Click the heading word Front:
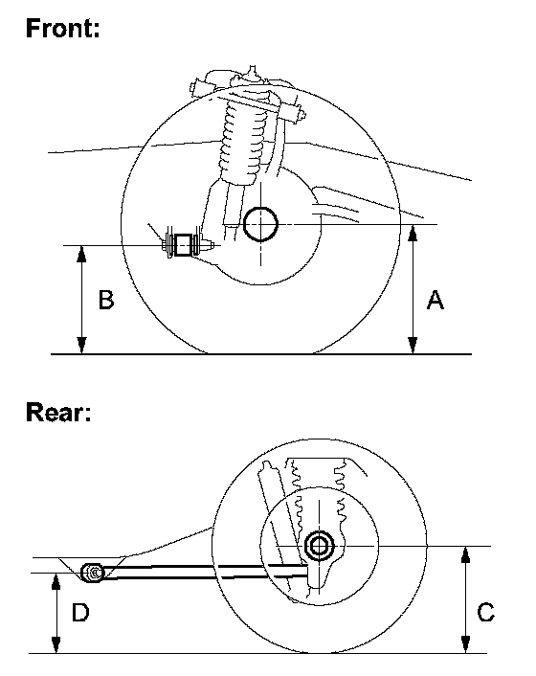(x=63, y=29)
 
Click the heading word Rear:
(x=58, y=412)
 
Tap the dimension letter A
(x=435, y=300)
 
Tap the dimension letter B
(x=106, y=300)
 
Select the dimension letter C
(x=486, y=612)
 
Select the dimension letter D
(x=80, y=612)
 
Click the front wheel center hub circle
(x=260, y=224)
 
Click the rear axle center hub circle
(x=320, y=546)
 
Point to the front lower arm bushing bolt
(x=183, y=245)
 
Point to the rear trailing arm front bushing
(x=93, y=573)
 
